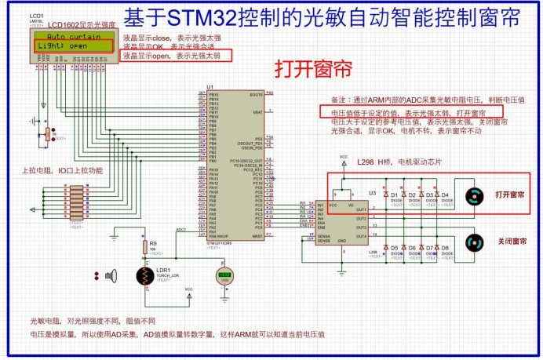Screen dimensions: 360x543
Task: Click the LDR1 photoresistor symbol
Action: [145, 276]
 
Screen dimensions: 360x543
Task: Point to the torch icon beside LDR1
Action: [111, 275]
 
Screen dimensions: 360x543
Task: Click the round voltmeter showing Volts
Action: [226, 276]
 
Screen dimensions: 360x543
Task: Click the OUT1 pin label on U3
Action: [361, 209]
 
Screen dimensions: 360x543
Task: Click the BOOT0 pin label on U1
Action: [255, 95]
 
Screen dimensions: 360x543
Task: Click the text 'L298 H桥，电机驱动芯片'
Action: [399, 162]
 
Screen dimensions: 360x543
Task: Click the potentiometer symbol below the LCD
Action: [48, 136]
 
